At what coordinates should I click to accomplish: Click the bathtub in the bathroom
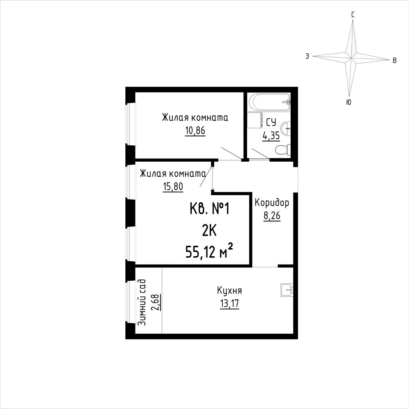pos(269,102)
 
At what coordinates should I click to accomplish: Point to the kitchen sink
pos(287,290)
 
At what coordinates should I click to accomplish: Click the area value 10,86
pos(195,131)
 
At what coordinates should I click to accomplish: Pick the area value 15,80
pos(173,187)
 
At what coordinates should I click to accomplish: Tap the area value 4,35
pos(271,136)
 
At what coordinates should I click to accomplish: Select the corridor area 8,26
pos(272,216)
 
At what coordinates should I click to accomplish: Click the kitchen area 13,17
pos(230,304)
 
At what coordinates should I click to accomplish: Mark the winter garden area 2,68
pos(156,302)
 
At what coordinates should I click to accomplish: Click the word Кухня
pos(230,291)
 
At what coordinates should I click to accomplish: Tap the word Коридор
pos(272,203)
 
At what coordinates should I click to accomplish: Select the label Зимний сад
pos(142,302)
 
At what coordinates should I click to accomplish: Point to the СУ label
pos(271,122)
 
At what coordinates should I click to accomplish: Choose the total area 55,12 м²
pos(209,251)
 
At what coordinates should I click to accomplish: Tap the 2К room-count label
pos(209,230)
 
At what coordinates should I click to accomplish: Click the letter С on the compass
pos(353,15)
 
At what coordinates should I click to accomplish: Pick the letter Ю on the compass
pos(349,102)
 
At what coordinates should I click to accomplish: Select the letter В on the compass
pos(395,61)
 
